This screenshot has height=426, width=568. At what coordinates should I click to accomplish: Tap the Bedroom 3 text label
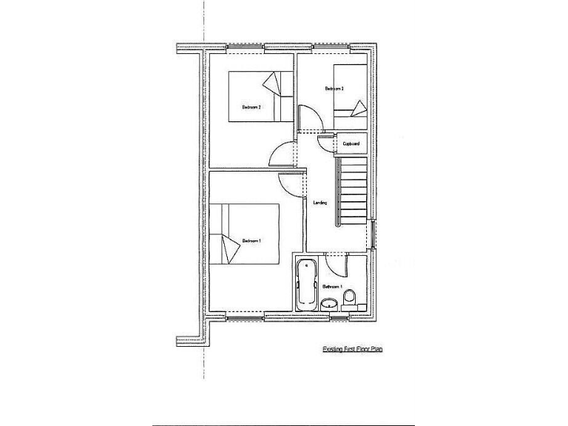coord(334,89)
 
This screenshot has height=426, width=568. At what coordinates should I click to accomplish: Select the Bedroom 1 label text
coord(251,240)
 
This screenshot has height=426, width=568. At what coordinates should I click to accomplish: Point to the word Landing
coord(320,203)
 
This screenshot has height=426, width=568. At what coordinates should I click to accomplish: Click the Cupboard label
coord(351,143)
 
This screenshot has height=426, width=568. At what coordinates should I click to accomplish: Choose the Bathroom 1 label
coord(332,286)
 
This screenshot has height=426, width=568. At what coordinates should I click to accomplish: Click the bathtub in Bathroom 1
coord(305,285)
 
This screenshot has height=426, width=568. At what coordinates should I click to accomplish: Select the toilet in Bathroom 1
coord(351,297)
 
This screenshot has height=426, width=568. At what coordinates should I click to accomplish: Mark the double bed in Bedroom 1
coord(245,234)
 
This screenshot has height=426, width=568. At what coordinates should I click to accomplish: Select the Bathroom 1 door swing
coord(335,263)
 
